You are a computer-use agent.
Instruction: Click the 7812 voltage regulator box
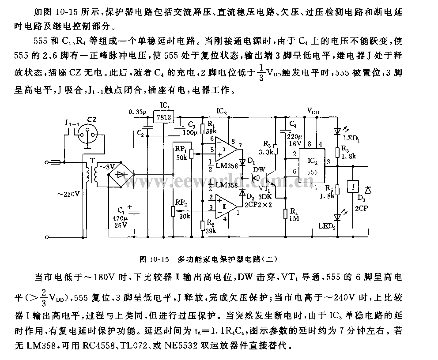point(163,116)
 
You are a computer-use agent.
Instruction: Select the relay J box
point(353,187)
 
